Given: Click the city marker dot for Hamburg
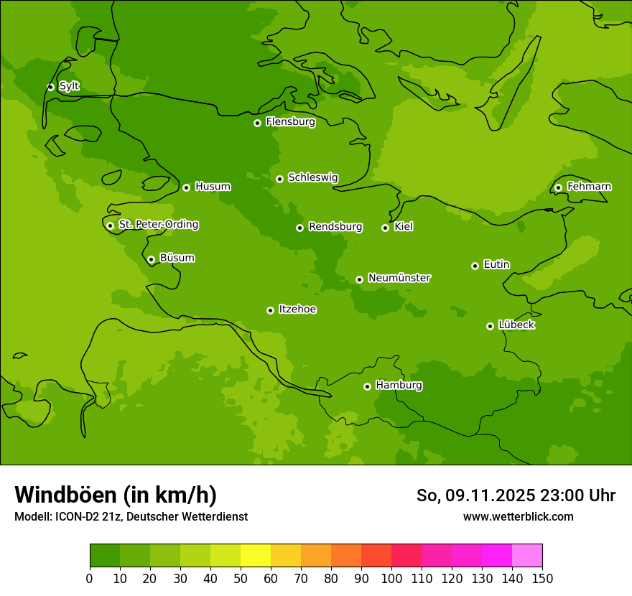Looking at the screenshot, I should click(x=367, y=386).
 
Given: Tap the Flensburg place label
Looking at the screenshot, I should click(x=290, y=122).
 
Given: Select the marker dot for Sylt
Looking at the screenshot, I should click(x=50, y=87).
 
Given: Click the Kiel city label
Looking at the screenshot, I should click(x=403, y=227).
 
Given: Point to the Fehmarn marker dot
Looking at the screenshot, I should click(x=558, y=187).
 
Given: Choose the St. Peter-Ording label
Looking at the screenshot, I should click(x=158, y=225).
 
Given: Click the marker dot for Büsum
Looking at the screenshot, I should click(x=151, y=259).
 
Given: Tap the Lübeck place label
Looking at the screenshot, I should click(x=516, y=325).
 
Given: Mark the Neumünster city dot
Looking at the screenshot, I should click(x=359, y=279).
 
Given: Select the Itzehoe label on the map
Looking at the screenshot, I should click(x=297, y=309).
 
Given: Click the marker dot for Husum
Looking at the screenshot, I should click(x=186, y=187).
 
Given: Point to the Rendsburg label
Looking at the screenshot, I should click(x=335, y=227).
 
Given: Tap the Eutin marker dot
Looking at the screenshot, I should click(x=475, y=266).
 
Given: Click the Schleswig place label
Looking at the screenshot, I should click(x=312, y=178).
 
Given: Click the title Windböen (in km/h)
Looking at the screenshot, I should click(x=116, y=495).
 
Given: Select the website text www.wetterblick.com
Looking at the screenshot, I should click(x=518, y=516).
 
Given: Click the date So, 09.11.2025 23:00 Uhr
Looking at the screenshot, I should click(x=516, y=495).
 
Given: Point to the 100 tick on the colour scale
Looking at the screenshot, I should click(x=391, y=578).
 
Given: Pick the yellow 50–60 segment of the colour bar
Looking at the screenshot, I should click(x=256, y=556).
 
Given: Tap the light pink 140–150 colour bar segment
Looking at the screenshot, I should click(x=527, y=556).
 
